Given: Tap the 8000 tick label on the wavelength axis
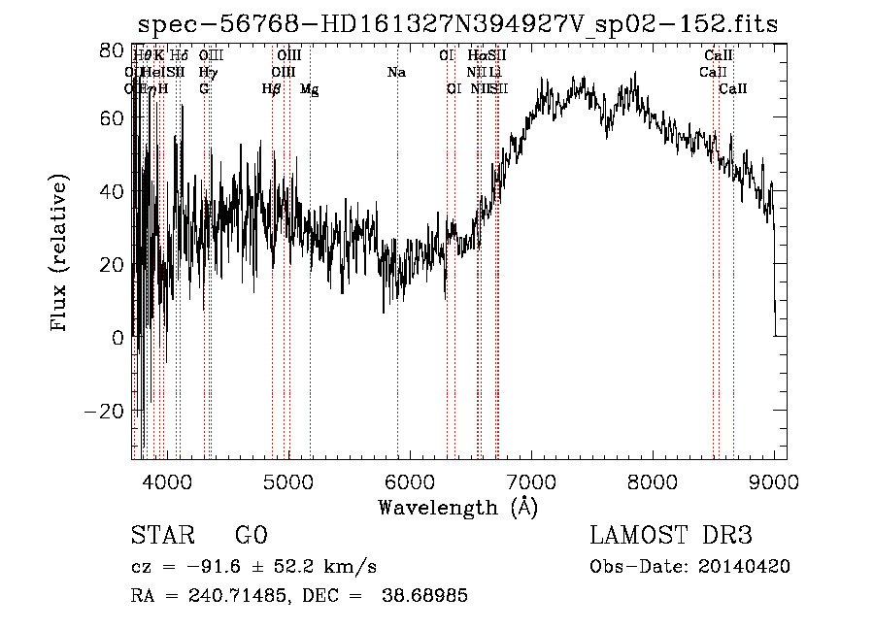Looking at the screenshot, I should click(652, 481).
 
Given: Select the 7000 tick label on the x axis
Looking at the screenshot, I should click(530, 481).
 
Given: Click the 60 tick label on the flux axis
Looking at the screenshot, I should click(113, 118).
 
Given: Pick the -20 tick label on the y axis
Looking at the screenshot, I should click(104, 411).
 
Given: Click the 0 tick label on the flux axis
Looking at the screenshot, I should click(118, 338).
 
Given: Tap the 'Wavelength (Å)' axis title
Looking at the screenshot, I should click(457, 507).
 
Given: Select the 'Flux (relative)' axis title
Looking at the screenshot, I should click(60, 254).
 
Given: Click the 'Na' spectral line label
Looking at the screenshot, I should click(396, 73).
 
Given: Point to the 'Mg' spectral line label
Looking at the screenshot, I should click(309, 89).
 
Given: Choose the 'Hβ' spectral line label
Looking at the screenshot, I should click(271, 89).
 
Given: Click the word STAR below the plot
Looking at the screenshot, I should click(161, 536).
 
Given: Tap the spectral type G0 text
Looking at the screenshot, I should click(251, 536).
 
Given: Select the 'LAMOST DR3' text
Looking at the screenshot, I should click(671, 536).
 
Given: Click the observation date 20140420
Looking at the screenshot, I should click(749, 566).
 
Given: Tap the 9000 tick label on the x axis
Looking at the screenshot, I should click(773, 481).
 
